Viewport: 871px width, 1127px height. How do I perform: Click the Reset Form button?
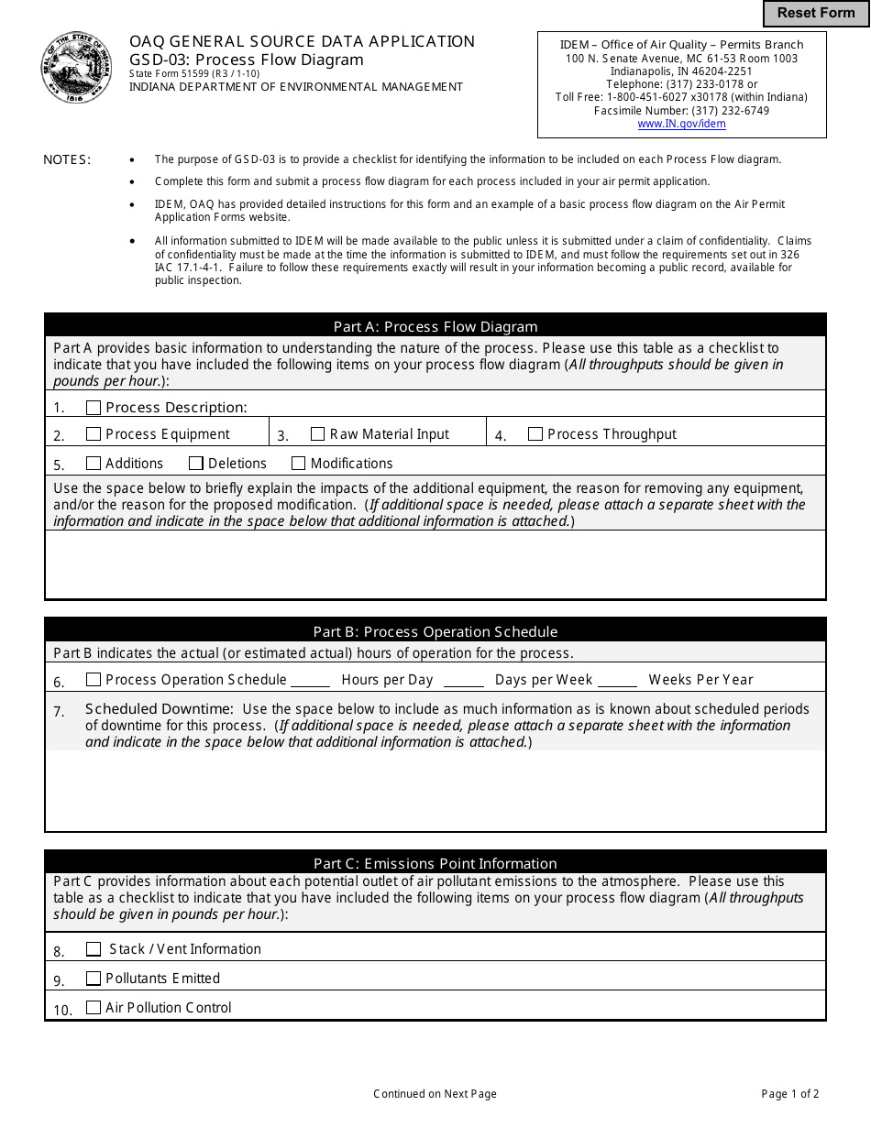point(816,13)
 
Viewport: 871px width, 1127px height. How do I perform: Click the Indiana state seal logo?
point(77,68)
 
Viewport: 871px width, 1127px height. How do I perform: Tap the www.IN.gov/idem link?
point(681,124)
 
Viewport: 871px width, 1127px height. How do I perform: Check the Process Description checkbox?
point(94,408)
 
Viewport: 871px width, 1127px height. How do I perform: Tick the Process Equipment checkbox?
point(94,434)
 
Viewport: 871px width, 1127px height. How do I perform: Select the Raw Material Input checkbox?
point(318,434)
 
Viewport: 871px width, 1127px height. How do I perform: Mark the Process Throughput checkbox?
point(535,434)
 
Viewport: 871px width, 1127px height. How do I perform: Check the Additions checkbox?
point(94,464)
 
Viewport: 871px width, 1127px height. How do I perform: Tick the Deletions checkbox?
point(196,464)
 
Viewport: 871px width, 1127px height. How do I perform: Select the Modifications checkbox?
point(299,464)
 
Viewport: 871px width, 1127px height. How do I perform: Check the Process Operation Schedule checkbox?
point(94,680)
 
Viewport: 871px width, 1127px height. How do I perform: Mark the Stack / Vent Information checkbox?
point(94,949)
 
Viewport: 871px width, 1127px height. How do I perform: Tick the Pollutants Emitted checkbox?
point(94,979)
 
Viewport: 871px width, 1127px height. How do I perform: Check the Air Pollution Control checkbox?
point(94,1008)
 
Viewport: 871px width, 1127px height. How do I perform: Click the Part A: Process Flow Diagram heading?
point(435,326)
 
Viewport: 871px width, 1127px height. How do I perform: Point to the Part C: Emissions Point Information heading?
point(435,863)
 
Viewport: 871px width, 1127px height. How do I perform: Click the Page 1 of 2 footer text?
point(790,1093)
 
